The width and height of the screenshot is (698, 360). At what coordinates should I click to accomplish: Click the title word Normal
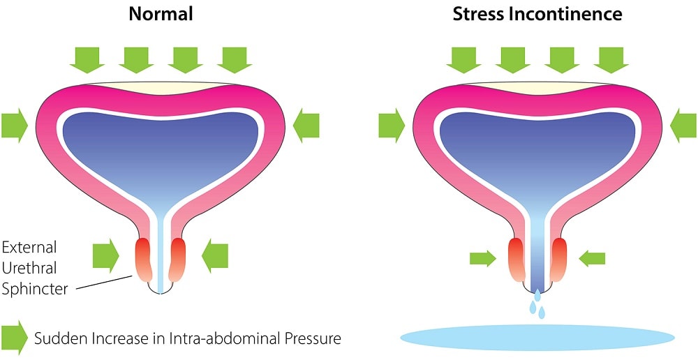pos(161,13)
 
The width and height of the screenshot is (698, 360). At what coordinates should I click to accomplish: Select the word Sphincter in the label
pos(35,288)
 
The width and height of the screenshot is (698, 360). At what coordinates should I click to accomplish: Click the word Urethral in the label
pos(29,268)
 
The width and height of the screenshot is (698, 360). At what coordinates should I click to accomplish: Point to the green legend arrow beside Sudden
pos(14,338)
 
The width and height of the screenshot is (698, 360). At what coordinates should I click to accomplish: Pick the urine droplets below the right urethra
pos(537,304)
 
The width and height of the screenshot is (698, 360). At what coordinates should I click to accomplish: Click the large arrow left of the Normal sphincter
pos(106,256)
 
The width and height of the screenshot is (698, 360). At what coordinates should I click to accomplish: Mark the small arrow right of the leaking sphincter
pos(593,259)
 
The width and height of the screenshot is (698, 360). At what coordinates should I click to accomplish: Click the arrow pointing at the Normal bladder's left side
pos(14,126)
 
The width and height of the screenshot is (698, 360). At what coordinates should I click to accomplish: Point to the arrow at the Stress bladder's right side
pos(683,126)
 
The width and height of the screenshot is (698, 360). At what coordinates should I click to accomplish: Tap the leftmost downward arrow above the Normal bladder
pos(87,59)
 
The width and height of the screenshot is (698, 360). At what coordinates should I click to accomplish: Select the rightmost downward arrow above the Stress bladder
pos(610,59)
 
